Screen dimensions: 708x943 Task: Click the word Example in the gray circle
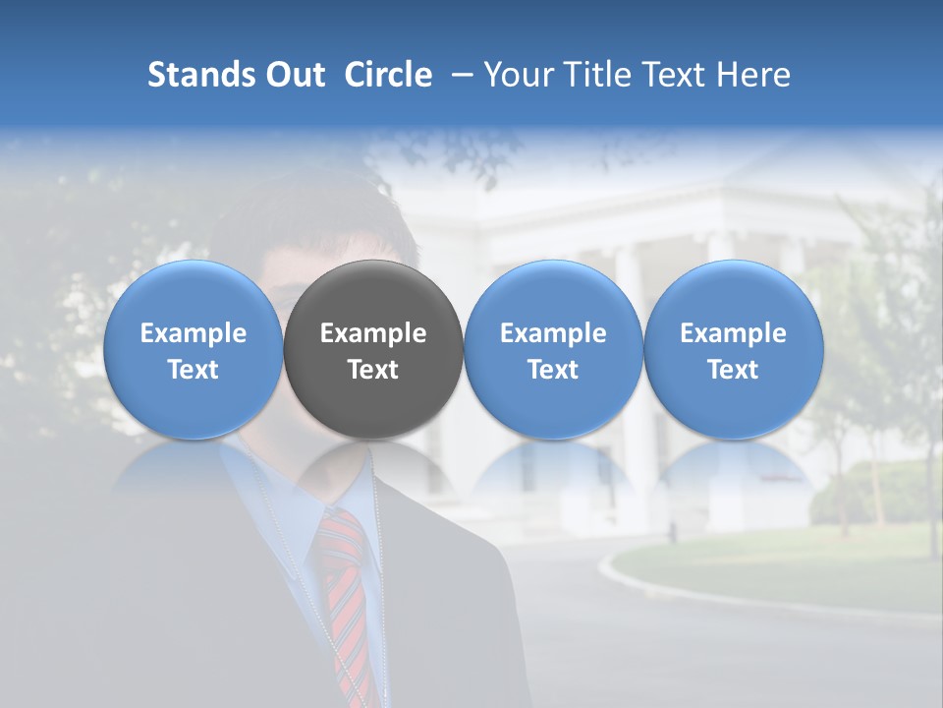pos(373,333)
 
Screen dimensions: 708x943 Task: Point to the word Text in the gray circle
pos(373,370)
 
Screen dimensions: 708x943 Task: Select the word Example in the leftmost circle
pos(193,333)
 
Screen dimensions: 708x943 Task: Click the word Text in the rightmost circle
pos(733,370)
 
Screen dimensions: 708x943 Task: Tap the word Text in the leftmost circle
pos(193,370)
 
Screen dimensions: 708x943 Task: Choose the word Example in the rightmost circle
pos(733,333)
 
